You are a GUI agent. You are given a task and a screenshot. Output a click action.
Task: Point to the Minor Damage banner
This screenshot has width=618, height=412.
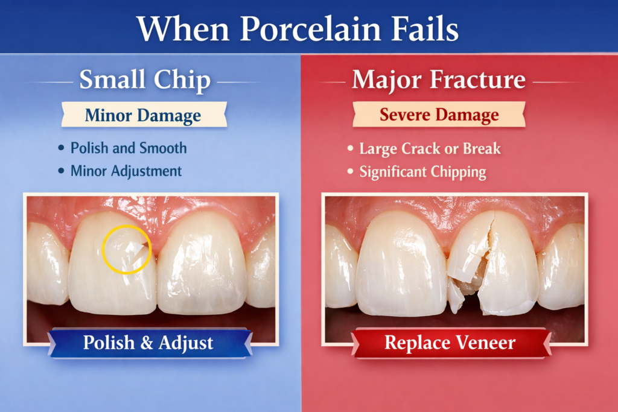(144, 115)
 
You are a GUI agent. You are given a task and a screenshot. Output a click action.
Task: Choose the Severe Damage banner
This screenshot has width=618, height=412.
(439, 115)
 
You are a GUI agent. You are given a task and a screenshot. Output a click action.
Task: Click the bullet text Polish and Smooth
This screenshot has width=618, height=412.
(129, 148)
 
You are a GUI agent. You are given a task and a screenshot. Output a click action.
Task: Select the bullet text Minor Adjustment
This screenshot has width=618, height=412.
(126, 171)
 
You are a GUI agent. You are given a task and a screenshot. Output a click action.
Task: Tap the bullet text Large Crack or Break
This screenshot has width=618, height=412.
(430, 148)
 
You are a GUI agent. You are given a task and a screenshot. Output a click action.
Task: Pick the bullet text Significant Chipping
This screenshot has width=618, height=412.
(422, 172)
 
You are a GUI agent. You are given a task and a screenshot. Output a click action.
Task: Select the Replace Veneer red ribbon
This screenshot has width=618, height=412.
(450, 343)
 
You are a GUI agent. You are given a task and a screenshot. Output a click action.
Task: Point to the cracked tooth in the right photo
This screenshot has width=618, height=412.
(492, 265)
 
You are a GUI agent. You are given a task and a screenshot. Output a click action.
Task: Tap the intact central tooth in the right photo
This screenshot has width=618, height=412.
(401, 265)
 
